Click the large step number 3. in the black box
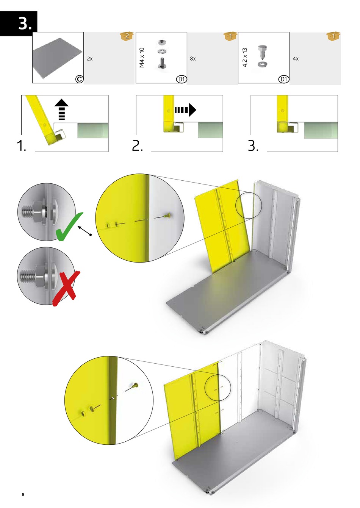tap(25, 23)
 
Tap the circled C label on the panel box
tap(80, 79)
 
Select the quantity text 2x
tap(90, 59)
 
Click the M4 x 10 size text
tap(142, 58)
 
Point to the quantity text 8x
tap(193, 59)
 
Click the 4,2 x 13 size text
tap(244, 57)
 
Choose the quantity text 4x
tap(296, 59)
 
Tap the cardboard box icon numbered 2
tap(127, 36)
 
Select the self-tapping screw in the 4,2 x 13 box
tap(262, 52)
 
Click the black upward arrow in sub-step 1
tap(62, 109)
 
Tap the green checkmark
tap(69, 227)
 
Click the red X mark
tap(66, 288)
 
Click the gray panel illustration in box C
tap(58, 58)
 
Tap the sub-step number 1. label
tap(22, 145)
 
